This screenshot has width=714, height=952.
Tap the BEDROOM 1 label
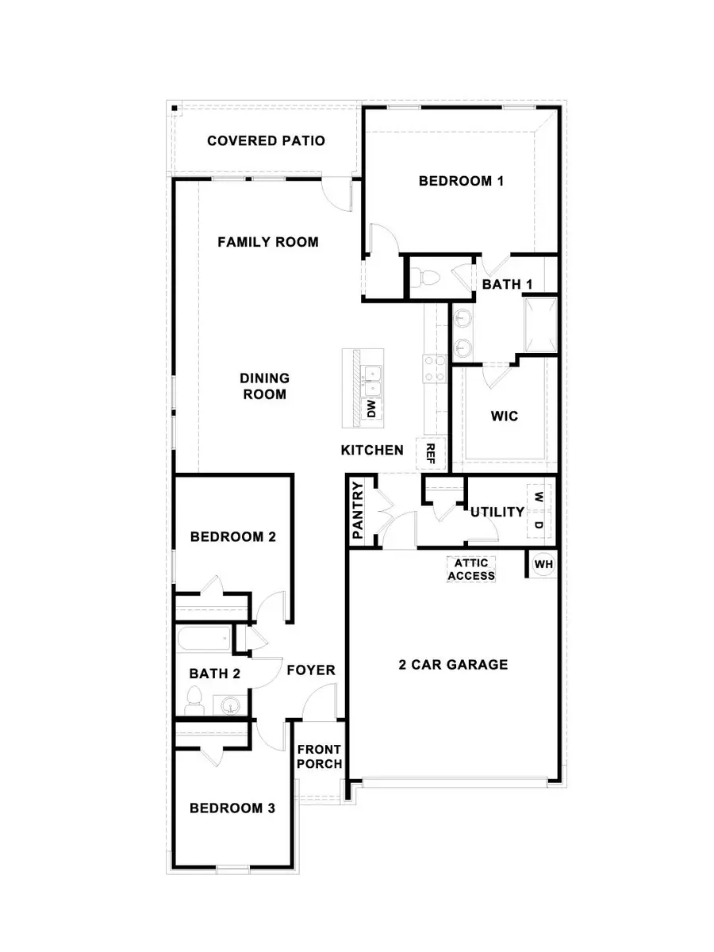coord(462,181)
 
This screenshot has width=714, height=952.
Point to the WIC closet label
coord(505,416)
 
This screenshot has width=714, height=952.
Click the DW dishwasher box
coord(370,409)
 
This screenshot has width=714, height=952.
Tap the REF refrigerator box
coord(431,454)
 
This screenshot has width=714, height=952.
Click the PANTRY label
coord(358,511)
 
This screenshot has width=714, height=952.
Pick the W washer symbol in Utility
coord(539,497)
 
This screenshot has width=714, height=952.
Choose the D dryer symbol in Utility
coord(539,525)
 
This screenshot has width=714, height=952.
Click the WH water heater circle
coord(543,564)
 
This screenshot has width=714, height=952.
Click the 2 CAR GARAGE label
coord(453,665)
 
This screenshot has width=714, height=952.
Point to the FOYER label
coord(311,670)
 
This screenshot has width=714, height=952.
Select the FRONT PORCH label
coord(319,757)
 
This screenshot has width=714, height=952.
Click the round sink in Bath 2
coord(231,704)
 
